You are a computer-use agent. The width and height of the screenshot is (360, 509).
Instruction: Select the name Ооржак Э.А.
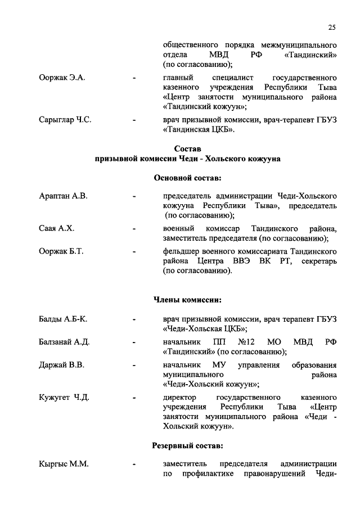click(x=62, y=77)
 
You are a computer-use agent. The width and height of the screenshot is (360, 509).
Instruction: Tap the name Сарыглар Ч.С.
click(x=65, y=120)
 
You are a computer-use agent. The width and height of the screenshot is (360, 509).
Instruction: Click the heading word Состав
click(x=187, y=148)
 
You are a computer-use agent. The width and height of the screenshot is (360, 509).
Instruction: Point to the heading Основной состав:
click(x=187, y=178)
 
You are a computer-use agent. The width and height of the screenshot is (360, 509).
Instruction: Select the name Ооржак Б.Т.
click(x=61, y=251)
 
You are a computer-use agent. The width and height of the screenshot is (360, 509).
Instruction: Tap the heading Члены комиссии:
click(x=187, y=299)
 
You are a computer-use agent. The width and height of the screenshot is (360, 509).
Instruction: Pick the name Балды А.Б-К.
click(x=63, y=319)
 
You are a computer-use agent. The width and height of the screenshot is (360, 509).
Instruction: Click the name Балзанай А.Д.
click(x=65, y=342)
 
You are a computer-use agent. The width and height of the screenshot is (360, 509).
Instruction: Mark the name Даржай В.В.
click(x=61, y=365)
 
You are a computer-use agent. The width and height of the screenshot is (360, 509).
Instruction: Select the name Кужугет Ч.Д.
click(x=64, y=398)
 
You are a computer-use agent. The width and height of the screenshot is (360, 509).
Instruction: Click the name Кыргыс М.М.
click(x=64, y=464)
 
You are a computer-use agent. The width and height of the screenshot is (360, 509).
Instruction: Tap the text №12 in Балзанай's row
click(x=247, y=342)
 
